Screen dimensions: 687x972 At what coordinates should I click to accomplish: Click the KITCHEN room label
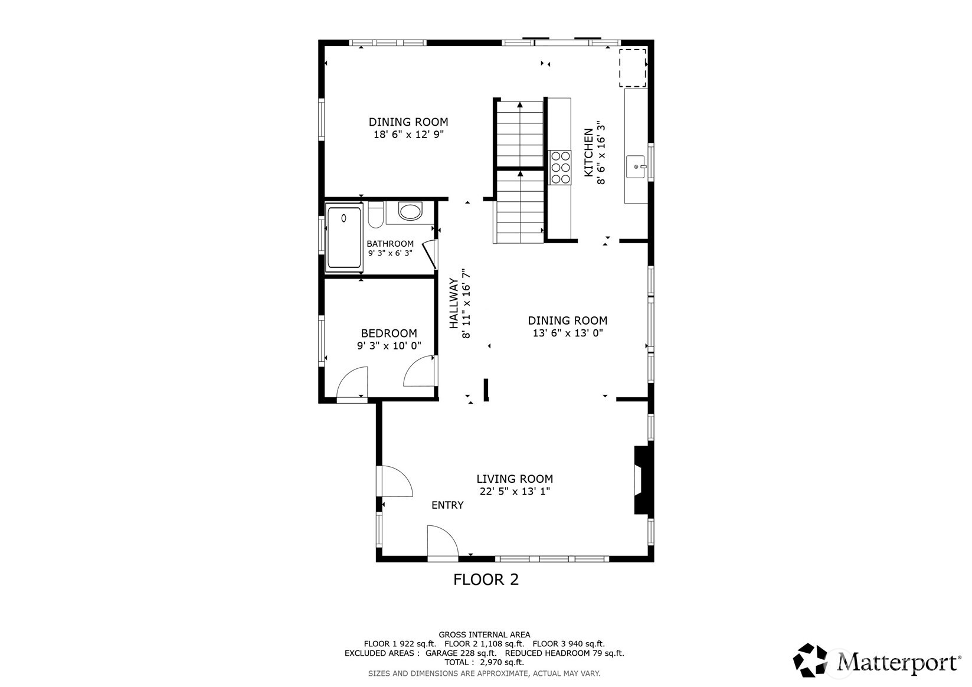(588, 152)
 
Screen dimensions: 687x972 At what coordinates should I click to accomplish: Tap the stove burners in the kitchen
(560, 167)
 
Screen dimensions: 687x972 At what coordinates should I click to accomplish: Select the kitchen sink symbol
(636, 167)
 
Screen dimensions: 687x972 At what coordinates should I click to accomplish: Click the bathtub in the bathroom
(344, 237)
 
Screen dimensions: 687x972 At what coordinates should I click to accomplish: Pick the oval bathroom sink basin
(410, 211)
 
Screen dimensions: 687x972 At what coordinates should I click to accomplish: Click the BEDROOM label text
(389, 333)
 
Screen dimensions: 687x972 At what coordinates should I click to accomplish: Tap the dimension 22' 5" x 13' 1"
(515, 492)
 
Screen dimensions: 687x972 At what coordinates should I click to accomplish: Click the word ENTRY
(447, 505)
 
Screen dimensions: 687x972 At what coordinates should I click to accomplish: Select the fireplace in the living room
(641, 480)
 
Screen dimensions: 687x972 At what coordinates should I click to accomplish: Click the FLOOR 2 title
(486, 580)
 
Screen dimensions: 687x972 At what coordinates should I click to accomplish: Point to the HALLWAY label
(454, 303)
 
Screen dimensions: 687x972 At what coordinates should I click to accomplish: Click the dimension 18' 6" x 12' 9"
(408, 135)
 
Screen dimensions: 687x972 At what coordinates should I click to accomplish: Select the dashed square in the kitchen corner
(632, 68)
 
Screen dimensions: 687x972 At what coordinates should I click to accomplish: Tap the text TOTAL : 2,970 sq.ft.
(484, 662)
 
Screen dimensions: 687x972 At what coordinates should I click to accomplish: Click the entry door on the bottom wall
(443, 543)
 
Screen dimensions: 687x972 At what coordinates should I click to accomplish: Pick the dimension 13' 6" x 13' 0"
(567, 333)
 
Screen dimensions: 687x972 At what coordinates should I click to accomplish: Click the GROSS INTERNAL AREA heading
(484, 634)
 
